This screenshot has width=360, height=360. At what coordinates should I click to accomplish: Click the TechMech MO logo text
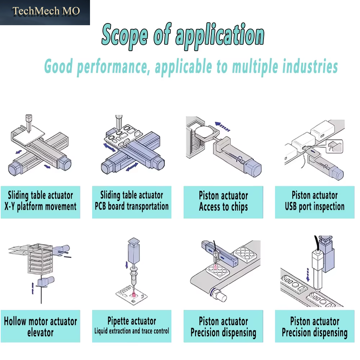[x=46, y=11]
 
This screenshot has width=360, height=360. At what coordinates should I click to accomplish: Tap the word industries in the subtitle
[x=310, y=66]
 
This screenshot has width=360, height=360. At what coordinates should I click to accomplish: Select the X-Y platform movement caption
[x=40, y=206]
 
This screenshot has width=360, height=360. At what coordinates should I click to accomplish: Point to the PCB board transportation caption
[x=132, y=206]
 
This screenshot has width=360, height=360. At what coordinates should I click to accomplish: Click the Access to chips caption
[x=224, y=207]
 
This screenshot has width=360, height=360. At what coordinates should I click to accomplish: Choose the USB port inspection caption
[x=315, y=206]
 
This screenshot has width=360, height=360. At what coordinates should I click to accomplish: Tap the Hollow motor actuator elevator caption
[x=40, y=327]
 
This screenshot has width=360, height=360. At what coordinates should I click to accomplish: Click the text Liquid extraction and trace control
[x=131, y=331]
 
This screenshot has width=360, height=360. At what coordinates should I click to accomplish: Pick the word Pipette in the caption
[x=120, y=321]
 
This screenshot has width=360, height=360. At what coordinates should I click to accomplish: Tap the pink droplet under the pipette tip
[x=134, y=294]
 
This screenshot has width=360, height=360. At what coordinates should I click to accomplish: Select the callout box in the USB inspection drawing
[x=334, y=146]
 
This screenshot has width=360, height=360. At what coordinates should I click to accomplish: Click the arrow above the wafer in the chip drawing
[x=222, y=126]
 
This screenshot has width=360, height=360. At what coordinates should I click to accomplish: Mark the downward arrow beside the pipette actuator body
[x=126, y=265]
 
